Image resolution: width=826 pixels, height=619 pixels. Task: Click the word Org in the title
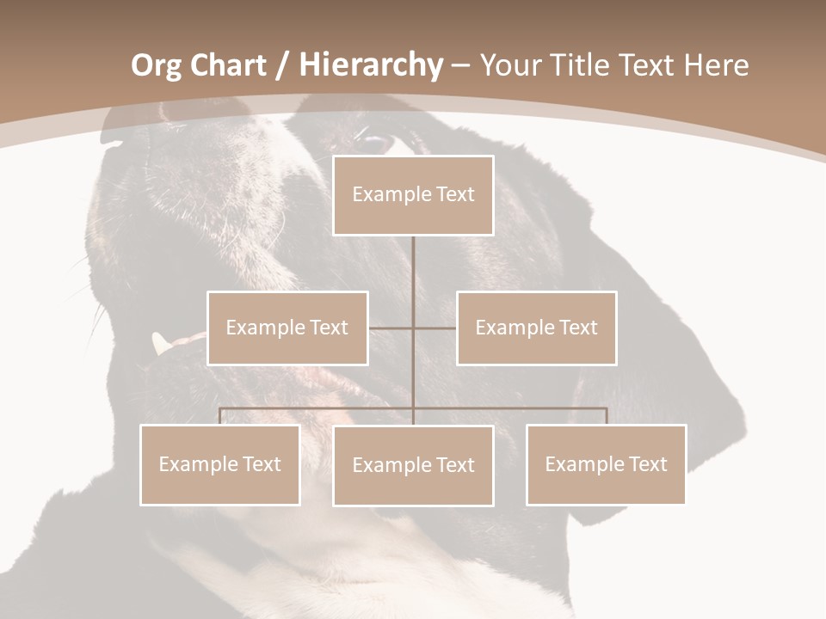coord(156,65)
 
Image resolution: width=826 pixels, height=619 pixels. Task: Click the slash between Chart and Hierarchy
coord(282,66)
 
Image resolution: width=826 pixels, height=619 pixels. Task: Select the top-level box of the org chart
coord(413,195)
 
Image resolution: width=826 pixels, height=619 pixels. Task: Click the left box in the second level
coord(287,328)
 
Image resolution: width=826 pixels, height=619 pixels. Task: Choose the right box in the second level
coord(537,328)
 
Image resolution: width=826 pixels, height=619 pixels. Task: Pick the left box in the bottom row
coord(220,464)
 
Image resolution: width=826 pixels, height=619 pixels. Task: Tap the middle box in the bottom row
coord(413,465)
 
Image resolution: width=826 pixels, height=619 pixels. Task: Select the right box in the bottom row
coord(607,464)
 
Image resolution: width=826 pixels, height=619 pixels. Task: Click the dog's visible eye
coord(375,141)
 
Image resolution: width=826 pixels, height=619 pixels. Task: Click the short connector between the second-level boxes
coord(413,328)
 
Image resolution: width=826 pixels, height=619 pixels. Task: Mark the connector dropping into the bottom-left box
coord(220,416)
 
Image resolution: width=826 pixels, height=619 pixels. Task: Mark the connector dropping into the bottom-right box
coord(607,416)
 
